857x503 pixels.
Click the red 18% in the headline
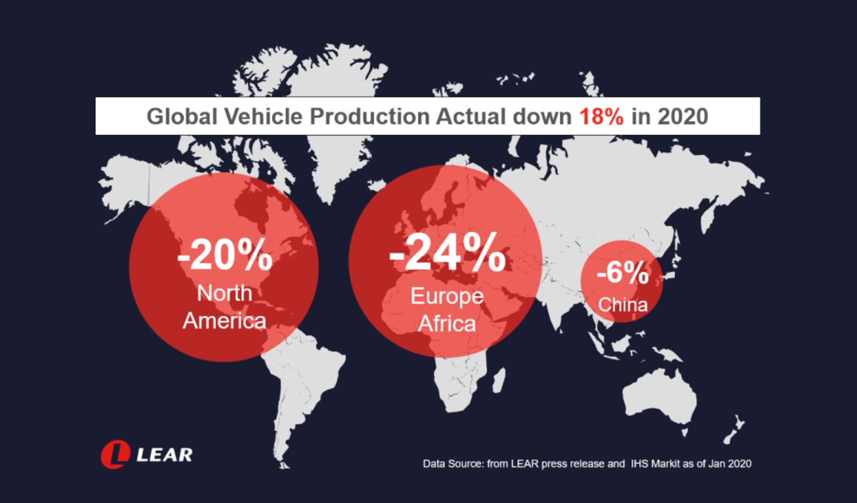(601, 116)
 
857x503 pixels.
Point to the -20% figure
(224, 257)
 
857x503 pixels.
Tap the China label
(622, 305)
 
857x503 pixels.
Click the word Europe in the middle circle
(447, 296)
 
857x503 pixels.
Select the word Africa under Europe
(447, 324)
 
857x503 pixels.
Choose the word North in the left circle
(224, 293)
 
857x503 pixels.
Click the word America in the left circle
(224, 321)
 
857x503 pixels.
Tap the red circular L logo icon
(115, 454)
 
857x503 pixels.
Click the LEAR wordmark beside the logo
(165, 454)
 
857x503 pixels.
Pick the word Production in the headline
(370, 116)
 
